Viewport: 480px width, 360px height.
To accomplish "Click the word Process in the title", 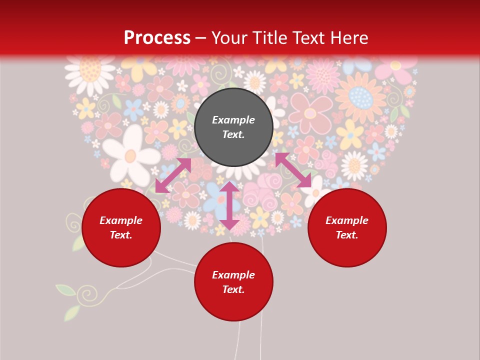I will [x=157, y=38].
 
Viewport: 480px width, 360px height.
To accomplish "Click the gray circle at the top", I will [x=233, y=127].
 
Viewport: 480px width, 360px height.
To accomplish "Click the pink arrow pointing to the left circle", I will [x=173, y=175].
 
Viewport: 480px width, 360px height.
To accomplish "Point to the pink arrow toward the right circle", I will [x=293, y=170].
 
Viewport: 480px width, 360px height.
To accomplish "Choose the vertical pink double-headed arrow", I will [x=229, y=205].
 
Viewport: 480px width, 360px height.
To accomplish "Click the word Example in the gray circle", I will [x=233, y=120].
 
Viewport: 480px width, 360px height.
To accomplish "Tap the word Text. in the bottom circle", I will [x=233, y=289].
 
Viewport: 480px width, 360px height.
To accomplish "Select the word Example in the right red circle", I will [x=347, y=220].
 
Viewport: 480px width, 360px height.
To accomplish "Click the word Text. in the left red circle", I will [x=121, y=235].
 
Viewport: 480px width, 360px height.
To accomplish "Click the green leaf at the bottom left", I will [x=66, y=290].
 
